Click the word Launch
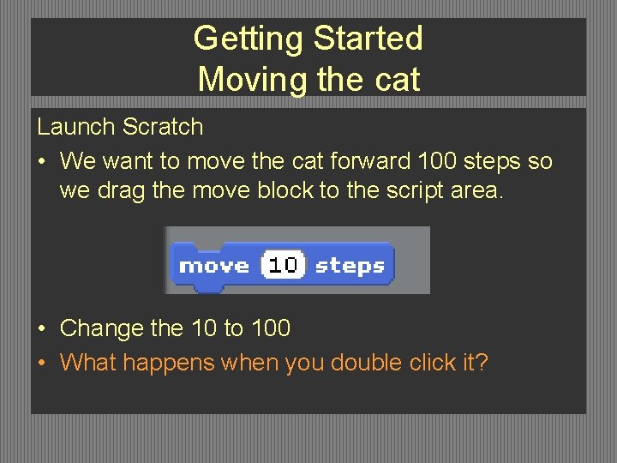tap(76, 127)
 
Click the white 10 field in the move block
tap(283, 266)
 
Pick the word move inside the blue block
tap(214, 266)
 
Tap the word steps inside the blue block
tap(350, 266)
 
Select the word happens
tap(168, 364)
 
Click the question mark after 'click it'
tap(482, 363)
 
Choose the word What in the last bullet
tap(88, 363)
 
